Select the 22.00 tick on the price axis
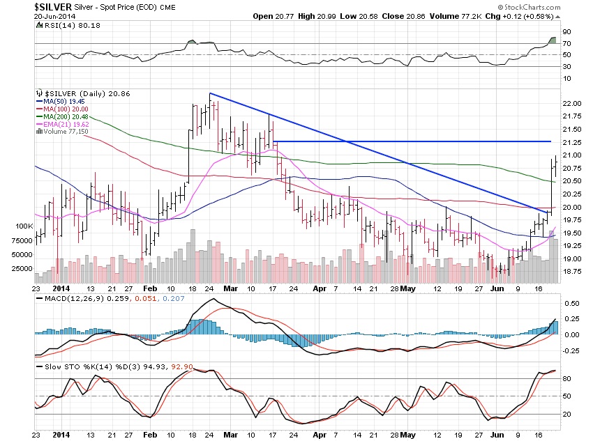573,104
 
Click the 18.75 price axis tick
573,272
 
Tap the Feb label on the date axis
149,287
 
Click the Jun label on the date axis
497,287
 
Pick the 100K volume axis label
24,227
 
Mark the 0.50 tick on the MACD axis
572,304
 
